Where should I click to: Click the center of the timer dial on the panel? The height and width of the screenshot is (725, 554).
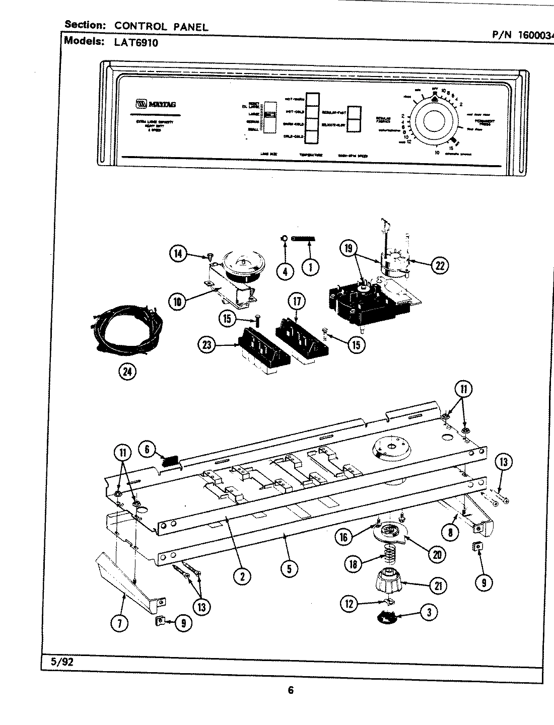pyautogui.click(x=435, y=122)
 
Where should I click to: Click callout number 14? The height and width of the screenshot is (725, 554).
pyautogui.click(x=178, y=255)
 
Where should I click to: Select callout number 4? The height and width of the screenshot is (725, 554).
pyautogui.click(x=285, y=270)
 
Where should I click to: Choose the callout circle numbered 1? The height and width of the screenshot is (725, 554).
pyautogui.click(x=310, y=267)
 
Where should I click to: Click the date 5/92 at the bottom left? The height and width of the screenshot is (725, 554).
pyautogui.click(x=62, y=662)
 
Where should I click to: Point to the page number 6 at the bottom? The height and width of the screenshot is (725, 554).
pyautogui.click(x=290, y=690)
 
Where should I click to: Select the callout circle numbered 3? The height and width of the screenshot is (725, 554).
pyautogui.click(x=429, y=612)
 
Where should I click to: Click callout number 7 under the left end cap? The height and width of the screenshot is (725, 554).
pyautogui.click(x=120, y=622)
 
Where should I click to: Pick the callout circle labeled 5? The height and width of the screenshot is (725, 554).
pyautogui.click(x=289, y=569)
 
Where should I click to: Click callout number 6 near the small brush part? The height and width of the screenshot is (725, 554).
pyautogui.click(x=147, y=449)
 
